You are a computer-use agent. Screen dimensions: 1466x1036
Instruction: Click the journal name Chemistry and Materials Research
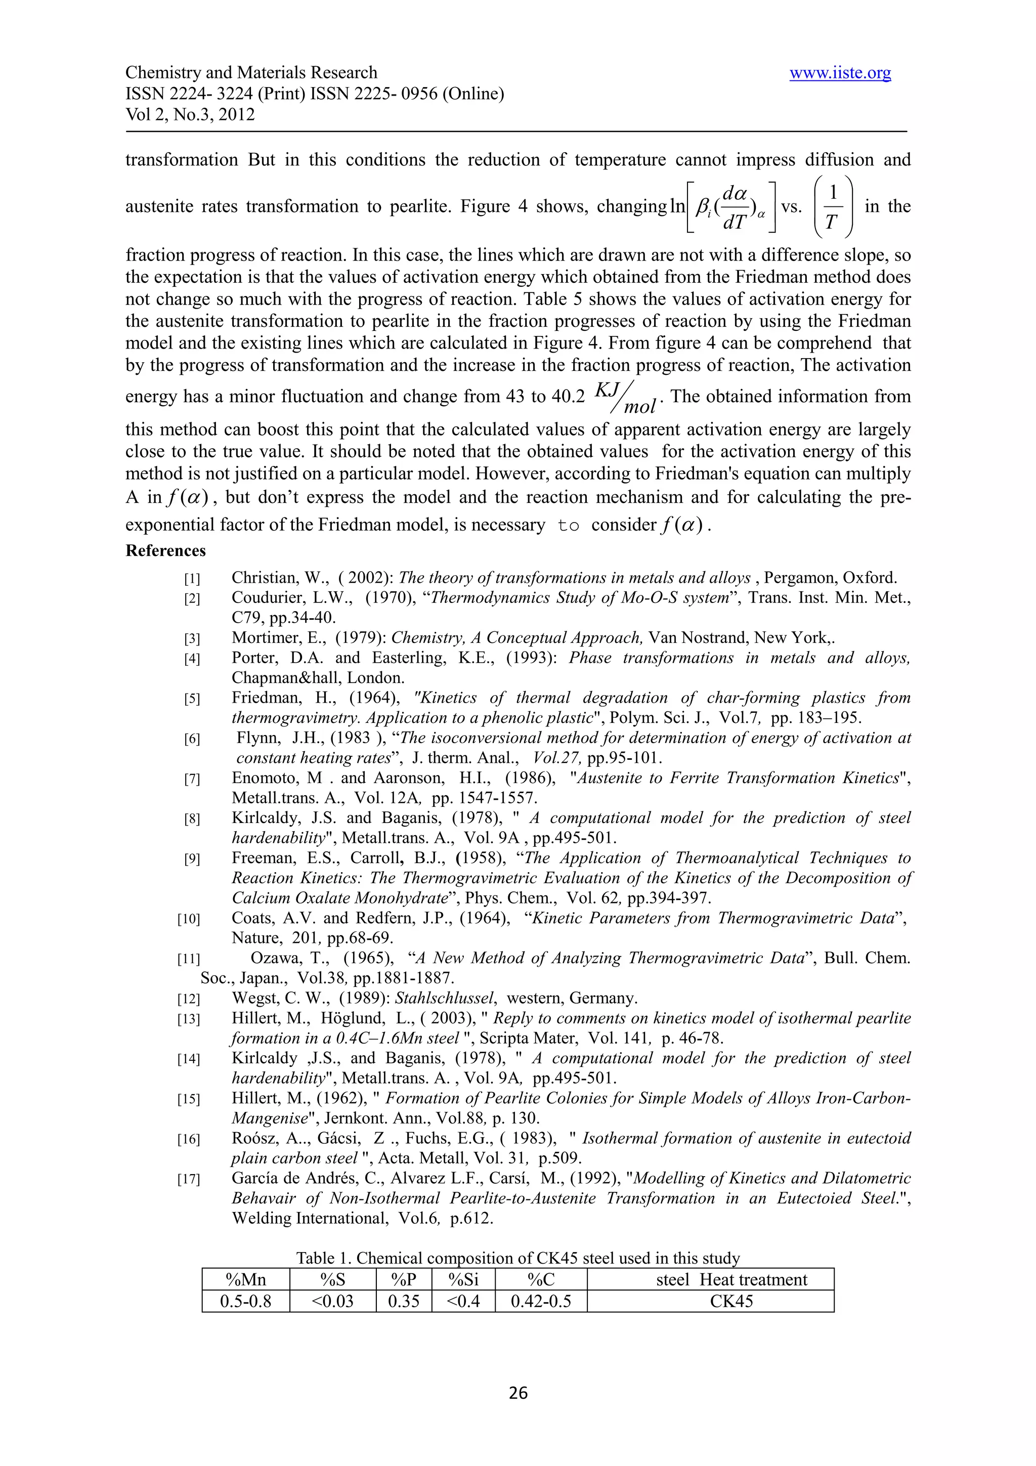tap(251, 73)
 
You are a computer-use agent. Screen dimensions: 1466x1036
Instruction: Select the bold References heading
tap(165, 551)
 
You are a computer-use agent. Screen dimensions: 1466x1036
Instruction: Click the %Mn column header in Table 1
tap(246, 1279)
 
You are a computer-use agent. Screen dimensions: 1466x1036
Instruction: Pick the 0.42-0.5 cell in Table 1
tap(541, 1301)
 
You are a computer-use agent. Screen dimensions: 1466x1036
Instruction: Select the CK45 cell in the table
tap(731, 1301)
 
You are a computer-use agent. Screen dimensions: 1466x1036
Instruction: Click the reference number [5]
tap(192, 699)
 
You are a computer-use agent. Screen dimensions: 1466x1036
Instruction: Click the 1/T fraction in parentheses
tap(831, 206)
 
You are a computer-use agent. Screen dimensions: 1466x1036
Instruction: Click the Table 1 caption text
tap(517, 1259)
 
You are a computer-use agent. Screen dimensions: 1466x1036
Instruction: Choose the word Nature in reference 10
tap(256, 938)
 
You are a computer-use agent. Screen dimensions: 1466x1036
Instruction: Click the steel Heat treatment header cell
tap(731, 1279)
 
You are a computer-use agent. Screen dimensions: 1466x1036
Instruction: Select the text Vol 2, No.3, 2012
tap(190, 115)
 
